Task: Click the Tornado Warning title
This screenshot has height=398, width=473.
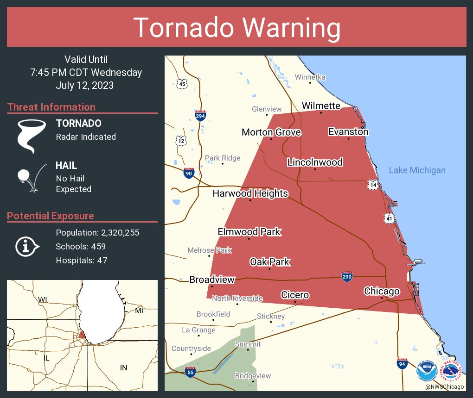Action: coord(236,28)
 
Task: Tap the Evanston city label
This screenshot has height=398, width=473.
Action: coord(348,132)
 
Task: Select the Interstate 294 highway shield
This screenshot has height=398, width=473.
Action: coord(200,116)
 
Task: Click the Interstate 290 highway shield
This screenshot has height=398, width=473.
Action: coord(347,276)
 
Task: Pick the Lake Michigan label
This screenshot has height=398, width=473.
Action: coord(417,170)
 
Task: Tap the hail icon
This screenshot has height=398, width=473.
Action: coord(31,177)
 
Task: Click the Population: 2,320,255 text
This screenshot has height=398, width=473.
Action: coord(97,232)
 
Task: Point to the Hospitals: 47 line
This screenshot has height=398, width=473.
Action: coord(81,261)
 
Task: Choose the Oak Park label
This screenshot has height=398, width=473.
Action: coord(269,262)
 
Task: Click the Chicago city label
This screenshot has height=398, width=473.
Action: coord(382,291)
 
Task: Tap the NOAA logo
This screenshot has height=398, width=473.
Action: coord(426,371)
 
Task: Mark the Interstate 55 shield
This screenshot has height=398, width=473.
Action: coord(190,372)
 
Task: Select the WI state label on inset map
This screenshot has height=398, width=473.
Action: coord(43,300)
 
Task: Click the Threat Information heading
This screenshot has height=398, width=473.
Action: coord(51,107)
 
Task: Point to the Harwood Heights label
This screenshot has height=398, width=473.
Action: coord(250,193)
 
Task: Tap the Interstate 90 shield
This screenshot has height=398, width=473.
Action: coord(189,174)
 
